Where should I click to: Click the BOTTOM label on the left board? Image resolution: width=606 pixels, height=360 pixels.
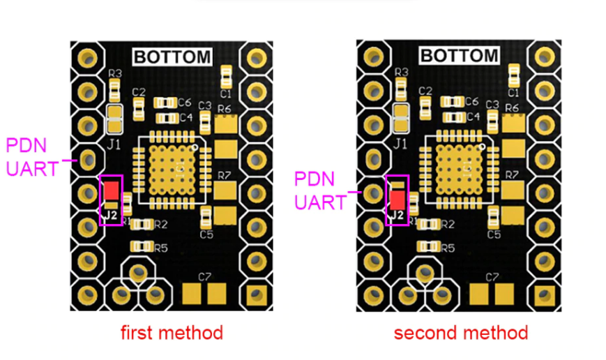pos(172,57)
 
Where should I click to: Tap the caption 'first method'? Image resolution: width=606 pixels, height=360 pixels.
pos(172,332)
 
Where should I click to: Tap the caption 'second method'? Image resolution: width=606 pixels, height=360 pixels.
pos(460,332)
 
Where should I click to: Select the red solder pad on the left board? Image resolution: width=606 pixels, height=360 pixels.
pos(112,189)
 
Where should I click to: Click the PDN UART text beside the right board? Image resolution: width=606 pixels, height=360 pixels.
pos(319,190)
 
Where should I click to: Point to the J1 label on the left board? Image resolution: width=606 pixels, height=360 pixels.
pos(115,144)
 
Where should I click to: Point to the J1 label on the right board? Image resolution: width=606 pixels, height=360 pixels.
pos(400,144)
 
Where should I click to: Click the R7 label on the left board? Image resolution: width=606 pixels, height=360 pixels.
pos(225,174)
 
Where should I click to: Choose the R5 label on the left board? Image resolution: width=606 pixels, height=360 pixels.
pos(161,247)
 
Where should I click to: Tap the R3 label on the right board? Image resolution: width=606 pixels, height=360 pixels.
pos(402,73)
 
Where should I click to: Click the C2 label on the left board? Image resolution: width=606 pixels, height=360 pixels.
pos(139,92)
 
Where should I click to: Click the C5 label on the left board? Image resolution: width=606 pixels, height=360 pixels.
pos(206,234)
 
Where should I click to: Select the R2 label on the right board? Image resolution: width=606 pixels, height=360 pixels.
pos(448,224)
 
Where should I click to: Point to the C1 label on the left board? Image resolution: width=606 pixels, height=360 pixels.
pos(225,93)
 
